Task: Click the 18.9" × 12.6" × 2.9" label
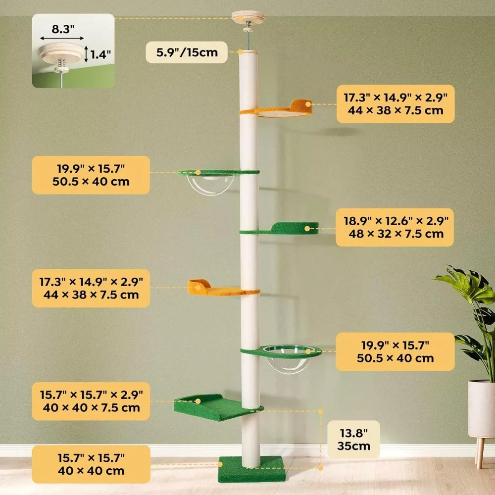tap(395, 227)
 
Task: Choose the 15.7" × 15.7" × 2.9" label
tap(91, 401)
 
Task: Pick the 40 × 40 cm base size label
tap(91, 464)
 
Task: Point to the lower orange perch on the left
tap(218, 289)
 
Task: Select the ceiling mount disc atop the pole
tap(248, 18)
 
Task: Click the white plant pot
tap(481, 408)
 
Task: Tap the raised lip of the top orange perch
tap(301, 105)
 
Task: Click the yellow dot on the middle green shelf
tap(308, 229)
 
